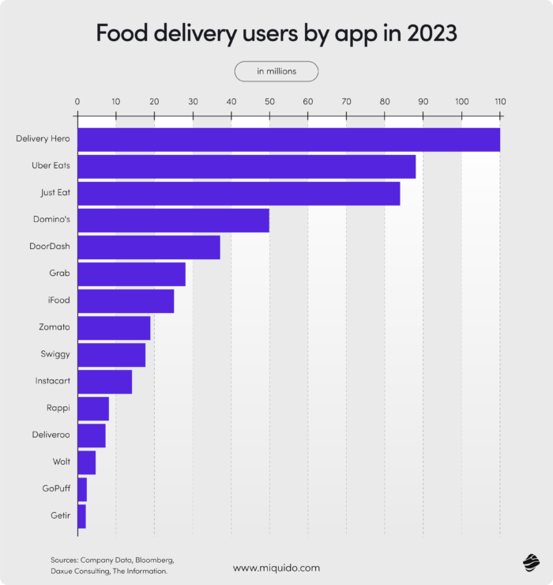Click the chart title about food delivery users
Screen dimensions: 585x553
point(276,33)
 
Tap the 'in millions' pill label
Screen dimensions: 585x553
point(276,71)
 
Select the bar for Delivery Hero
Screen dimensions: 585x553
point(288,139)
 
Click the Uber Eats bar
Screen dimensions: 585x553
point(246,166)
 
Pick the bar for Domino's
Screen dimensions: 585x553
point(173,220)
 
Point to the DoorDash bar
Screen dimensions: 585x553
point(149,247)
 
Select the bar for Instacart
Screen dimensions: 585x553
point(104,381)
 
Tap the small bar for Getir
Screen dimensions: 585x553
point(81,515)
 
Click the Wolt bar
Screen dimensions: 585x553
point(86,462)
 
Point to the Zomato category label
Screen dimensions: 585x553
point(54,326)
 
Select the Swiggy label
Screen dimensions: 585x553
point(55,354)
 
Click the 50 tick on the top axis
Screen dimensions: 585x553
point(269,101)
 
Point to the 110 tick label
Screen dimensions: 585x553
point(499,101)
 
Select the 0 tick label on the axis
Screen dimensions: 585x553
point(77,101)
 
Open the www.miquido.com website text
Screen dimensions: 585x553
point(276,568)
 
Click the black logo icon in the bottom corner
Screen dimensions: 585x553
point(530,562)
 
